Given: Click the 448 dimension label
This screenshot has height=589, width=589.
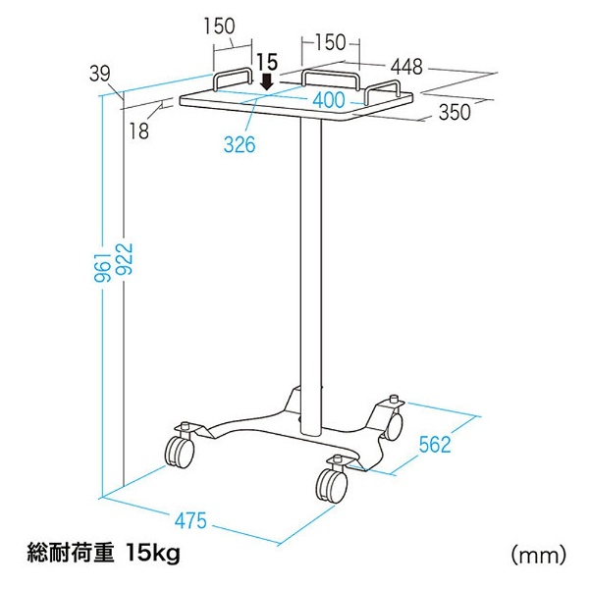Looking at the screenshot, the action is (x=406, y=67).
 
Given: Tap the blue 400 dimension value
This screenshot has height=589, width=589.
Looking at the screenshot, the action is (x=329, y=100).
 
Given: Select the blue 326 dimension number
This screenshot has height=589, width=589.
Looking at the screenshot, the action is (x=240, y=144).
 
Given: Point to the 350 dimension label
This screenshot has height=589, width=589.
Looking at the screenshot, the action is (x=455, y=112).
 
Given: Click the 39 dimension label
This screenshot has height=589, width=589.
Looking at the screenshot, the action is (x=100, y=74).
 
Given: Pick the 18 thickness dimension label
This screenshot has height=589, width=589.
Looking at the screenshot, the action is (x=139, y=132).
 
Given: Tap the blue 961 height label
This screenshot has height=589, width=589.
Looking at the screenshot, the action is (x=102, y=267).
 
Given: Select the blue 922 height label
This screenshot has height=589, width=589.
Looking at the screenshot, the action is (x=125, y=259).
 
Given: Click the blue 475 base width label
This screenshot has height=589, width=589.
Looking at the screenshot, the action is (x=190, y=520).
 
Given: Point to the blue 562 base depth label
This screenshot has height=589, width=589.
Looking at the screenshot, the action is (x=435, y=445).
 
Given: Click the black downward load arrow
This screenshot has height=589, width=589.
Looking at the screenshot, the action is (x=267, y=81).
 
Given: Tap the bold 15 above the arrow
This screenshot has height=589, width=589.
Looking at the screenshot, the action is (x=267, y=62).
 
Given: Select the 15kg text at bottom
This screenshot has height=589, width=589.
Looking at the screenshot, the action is (x=153, y=553).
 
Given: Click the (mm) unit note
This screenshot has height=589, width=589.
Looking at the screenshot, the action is (x=538, y=555).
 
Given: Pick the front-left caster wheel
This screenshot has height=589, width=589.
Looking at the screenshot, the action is (x=180, y=452).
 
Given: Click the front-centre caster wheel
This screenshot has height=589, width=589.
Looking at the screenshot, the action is (x=332, y=486).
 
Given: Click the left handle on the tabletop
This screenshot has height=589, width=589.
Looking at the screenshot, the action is (x=232, y=79).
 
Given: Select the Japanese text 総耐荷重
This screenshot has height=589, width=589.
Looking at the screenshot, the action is (x=71, y=554).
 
